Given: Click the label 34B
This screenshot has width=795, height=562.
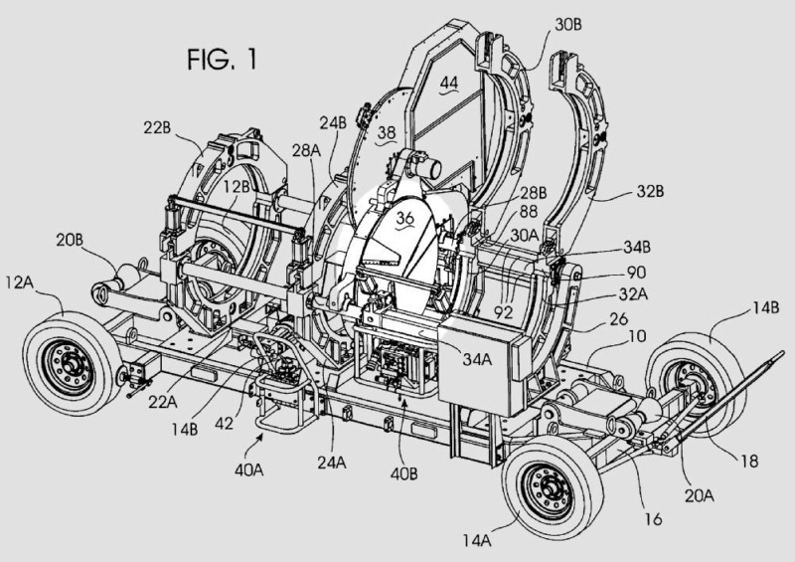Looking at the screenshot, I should [x=612, y=245].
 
